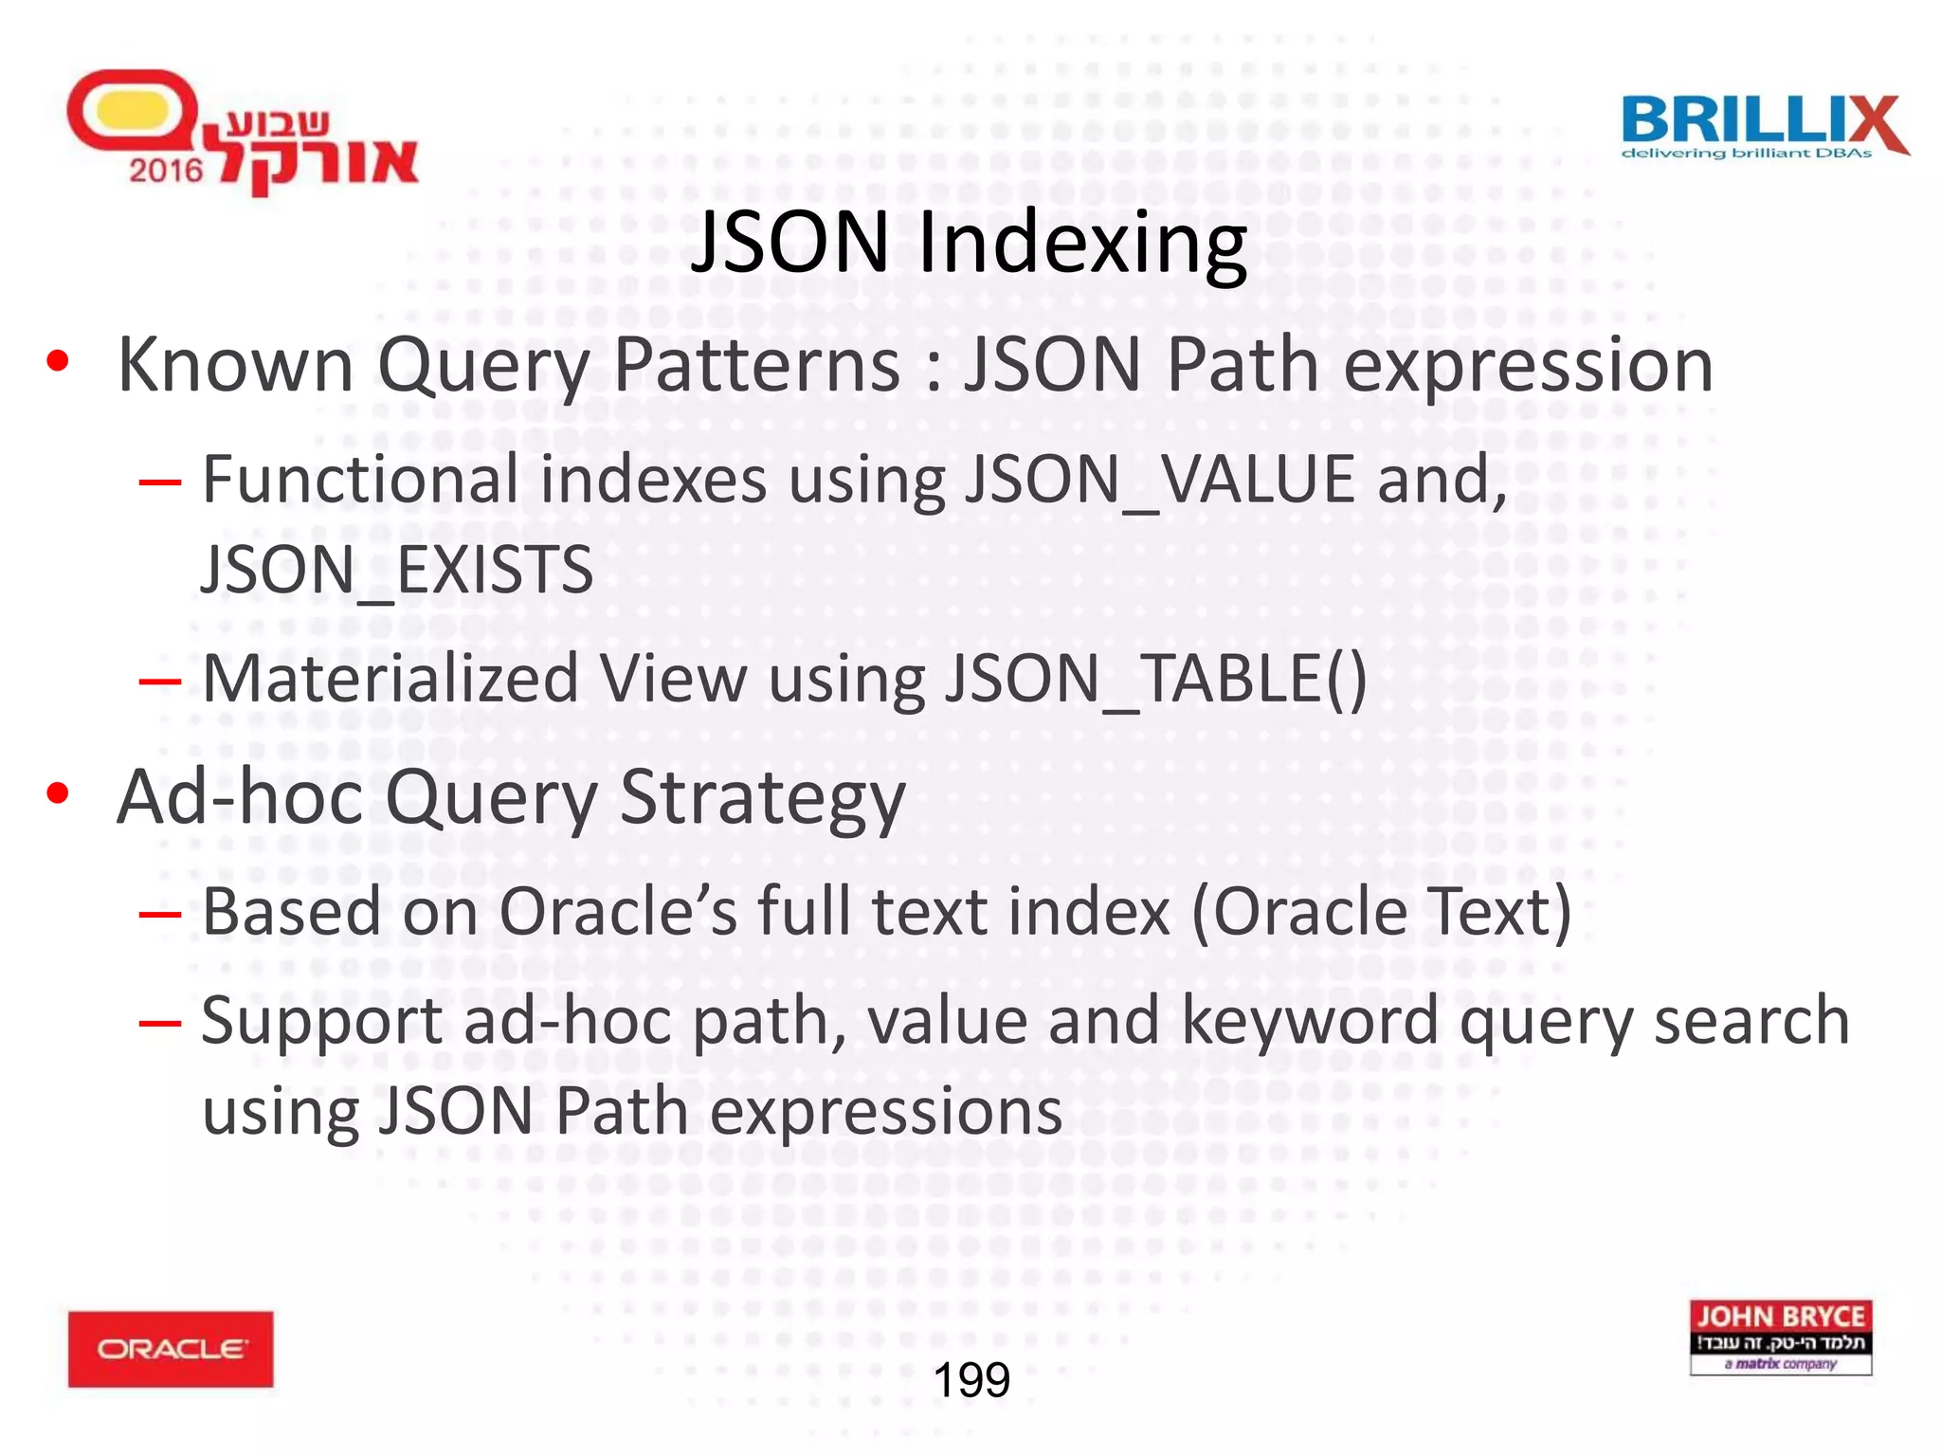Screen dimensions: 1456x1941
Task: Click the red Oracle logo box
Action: (x=171, y=1349)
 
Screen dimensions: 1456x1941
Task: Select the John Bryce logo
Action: (x=1780, y=1337)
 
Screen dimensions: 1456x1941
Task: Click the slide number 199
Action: (x=971, y=1380)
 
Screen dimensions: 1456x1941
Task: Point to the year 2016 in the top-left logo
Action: (x=166, y=171)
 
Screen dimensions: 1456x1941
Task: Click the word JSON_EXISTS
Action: (x=397, y=571)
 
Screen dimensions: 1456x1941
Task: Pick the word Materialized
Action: (x=390, y=679)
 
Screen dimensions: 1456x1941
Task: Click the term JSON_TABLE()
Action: (x=1155, y=679)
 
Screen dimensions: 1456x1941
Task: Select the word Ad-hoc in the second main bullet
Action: (x=239, y=797)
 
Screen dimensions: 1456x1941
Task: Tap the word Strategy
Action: (x=763, y=797)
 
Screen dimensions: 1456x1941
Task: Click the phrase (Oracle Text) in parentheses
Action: (x=1381, y=912)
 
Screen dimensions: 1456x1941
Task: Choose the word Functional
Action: (x=360, y=480)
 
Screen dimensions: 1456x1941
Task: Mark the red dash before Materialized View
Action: (x=159, y=681)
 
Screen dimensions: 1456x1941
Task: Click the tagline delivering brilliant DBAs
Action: (x=1746, y=154)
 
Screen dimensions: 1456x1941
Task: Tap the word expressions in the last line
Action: (x=886, y=1112)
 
